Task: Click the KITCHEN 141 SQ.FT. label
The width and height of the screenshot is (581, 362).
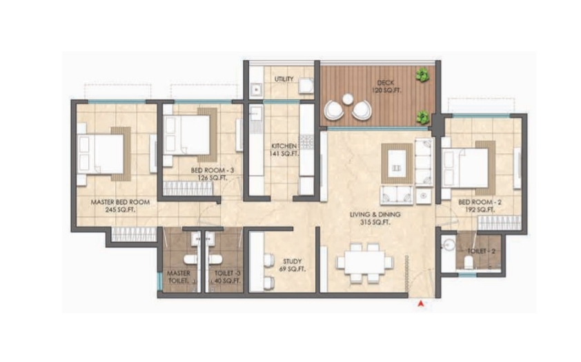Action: [284, 150]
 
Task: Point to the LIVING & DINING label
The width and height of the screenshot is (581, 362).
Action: [375, 218]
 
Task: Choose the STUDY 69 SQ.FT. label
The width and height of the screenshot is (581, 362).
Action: [289, 263]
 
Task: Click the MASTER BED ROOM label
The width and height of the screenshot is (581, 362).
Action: [121, 206]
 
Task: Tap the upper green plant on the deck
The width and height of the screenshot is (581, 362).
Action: [422, 74]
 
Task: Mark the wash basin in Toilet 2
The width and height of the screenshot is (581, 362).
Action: [448, 244]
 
